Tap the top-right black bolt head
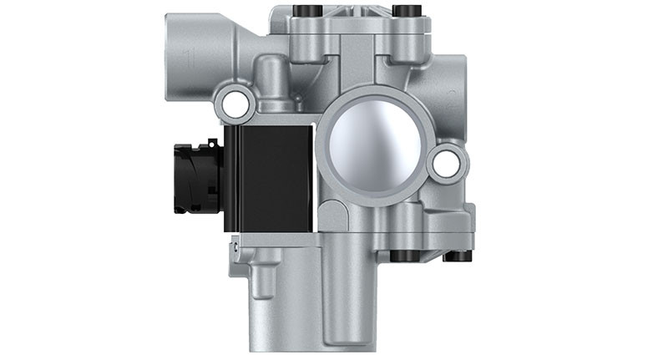[x=407, y=11]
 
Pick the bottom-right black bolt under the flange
[x=458, y=255]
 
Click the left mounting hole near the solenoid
[x=235, y=104]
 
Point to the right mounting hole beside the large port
[x=446, y=163]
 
